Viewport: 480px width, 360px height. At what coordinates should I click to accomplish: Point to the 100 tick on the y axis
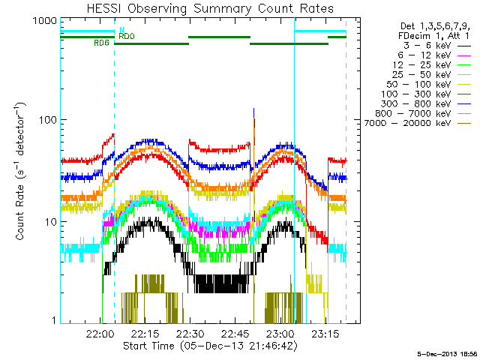(x=47, y=121)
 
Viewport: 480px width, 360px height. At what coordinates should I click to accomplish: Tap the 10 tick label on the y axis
(x=49, y=221)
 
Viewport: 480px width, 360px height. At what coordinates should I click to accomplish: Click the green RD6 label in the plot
(x=101, y=43)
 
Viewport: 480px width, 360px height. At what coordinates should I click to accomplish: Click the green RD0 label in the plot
(x=127, y=36)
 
